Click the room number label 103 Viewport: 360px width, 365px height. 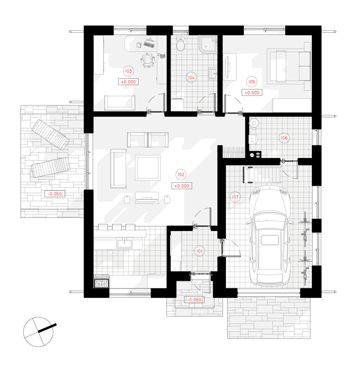(128, 71)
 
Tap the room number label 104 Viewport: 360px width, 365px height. (191, 77)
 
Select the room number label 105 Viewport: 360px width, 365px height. (252, 81)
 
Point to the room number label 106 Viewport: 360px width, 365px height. (284, 138)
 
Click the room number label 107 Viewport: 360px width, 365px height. (235, 197)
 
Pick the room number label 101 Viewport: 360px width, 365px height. (199, 251)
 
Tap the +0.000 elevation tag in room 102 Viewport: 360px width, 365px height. (182, 186)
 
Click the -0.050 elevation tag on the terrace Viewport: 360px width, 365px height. (55, 194)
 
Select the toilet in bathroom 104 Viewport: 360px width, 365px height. (180, 44)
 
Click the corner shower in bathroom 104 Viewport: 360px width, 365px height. (208, 44)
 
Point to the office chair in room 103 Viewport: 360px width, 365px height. (147, 60)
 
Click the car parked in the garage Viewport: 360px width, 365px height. (270, 236)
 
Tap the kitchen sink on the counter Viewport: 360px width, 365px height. (125, 243)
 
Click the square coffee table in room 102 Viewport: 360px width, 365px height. (148, 168)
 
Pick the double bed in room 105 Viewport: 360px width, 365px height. (289, 67)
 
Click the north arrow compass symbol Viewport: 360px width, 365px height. (39, 332)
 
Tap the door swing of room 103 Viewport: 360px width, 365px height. (156, 103)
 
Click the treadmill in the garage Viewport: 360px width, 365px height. (261, 174)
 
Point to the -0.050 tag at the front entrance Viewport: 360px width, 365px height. (194, 300)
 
